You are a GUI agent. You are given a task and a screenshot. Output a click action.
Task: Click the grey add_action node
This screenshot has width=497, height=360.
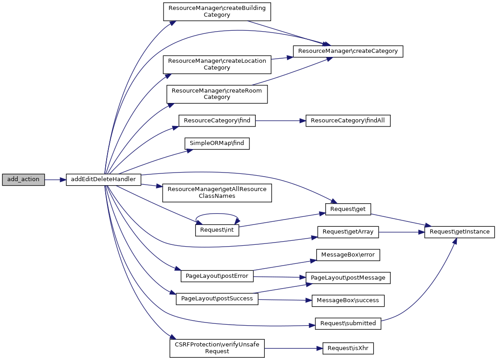[x=23, y=180]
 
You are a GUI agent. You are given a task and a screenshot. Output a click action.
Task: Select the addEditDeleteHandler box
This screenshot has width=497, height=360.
[x=103, y=180]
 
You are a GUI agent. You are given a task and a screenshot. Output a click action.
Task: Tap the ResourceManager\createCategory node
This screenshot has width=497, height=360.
[x=347, y=51]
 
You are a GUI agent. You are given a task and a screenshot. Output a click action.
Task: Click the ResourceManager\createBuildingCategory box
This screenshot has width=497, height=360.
[x=217, y=11]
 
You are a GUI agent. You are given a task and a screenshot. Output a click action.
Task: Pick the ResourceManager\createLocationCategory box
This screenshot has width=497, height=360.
[x=217, y=64]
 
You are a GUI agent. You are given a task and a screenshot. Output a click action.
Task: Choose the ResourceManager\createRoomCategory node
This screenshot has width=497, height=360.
[x=217, y=94]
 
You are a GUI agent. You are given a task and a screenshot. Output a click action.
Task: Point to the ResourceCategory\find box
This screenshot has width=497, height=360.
[x=217, y=121]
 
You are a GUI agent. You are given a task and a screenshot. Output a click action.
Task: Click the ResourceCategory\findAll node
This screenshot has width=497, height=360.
[x=348, y=121]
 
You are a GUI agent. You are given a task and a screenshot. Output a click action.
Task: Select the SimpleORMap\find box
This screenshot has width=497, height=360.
[x=217, y=143]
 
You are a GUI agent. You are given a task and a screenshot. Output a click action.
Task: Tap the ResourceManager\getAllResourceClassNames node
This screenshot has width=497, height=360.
[x=217, y=192]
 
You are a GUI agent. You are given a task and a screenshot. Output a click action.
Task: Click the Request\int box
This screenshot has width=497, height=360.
[x=217, y=230]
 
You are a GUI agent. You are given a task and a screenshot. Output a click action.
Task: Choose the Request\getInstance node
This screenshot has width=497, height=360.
[x=459, y=232]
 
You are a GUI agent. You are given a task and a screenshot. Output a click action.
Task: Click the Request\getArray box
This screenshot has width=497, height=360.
[x=347, y=232]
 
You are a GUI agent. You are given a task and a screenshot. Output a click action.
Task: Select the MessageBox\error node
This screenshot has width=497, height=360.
[x=348, y=255]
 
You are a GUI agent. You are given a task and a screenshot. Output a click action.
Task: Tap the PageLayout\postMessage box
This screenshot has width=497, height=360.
[x=348, y=278]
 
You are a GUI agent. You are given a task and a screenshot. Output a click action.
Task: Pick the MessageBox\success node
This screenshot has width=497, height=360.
[x=348, y=300]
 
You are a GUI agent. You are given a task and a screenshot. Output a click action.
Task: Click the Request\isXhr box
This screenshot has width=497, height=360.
[x=348, y=349]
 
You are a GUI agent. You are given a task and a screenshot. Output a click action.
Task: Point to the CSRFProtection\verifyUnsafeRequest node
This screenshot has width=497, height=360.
[x=217, y=348]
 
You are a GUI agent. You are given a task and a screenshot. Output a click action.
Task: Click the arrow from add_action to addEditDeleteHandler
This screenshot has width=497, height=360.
[x=55, y=180]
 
